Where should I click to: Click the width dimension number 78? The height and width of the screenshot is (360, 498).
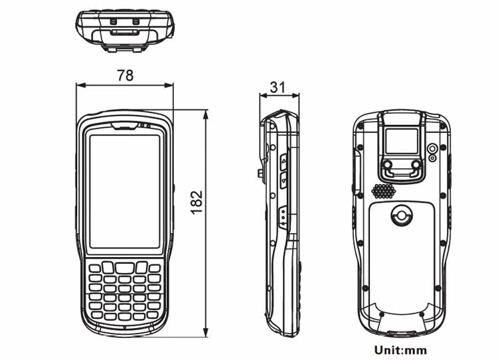[x=125, y=75]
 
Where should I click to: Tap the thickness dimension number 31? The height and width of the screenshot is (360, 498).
[x=279, y=86]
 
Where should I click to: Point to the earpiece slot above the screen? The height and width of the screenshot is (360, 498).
[x=125, y=125]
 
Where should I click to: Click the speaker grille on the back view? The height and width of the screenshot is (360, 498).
[x=383, y=191]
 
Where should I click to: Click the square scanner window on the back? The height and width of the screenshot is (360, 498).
[x=402, y=141]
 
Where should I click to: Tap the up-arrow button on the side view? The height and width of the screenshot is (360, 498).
[x=284, y=161]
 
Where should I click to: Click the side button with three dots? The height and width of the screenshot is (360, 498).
[x=284, y=217]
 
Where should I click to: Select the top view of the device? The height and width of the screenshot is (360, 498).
[x=125, y=29]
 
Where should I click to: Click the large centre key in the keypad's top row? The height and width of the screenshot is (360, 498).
[x=124, y=267]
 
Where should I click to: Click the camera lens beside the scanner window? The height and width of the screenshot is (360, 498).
[x=432, y=149]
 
